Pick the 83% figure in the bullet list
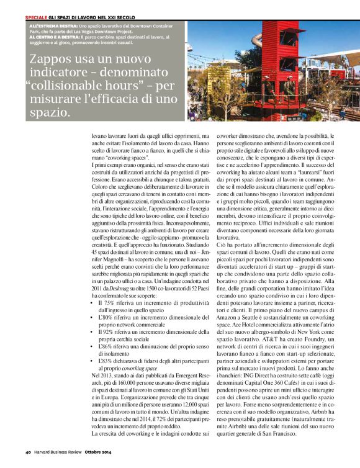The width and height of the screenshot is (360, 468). (x=112, y=359)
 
